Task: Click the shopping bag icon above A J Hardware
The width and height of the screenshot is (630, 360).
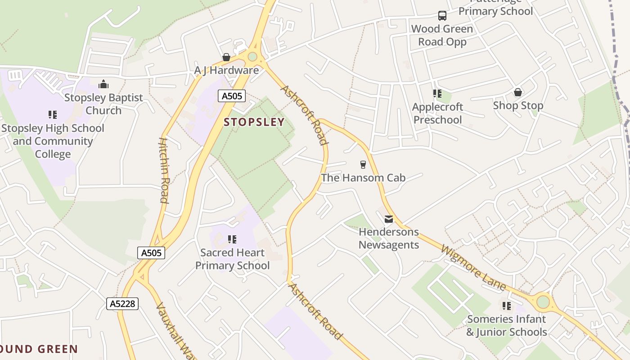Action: (x=226, y=57)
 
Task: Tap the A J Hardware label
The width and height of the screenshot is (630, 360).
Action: (x=226, y=70)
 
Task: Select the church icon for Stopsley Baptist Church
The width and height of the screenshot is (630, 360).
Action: (x=103, y=84)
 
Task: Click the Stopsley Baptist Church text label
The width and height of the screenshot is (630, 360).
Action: (x=103, y=104)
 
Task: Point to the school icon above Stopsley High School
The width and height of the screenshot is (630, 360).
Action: (x=53, y=115)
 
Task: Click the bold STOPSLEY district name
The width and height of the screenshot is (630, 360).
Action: (x=254, y=122)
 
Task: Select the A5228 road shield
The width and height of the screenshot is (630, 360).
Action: (x=122, y=304)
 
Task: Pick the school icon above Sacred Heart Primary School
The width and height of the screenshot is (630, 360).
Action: (x=232, y=239)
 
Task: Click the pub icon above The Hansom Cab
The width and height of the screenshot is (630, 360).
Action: (x=363, y=164)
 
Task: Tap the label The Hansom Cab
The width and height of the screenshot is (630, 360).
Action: (x=363, y=178)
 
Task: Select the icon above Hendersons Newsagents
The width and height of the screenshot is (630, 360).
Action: (x=389, y=219)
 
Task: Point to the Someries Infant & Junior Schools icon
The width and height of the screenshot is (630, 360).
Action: (x=507, y=306)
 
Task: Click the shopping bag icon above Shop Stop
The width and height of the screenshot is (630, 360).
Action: (x=518, y=92)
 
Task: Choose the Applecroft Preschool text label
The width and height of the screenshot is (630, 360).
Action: (x=438, y=113)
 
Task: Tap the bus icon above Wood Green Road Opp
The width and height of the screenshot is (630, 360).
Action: (x=442, y=16)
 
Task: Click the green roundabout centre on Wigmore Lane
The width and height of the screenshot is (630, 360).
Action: (x=543, y=301)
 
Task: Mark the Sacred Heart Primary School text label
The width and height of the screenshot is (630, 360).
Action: (x=232, y=259)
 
